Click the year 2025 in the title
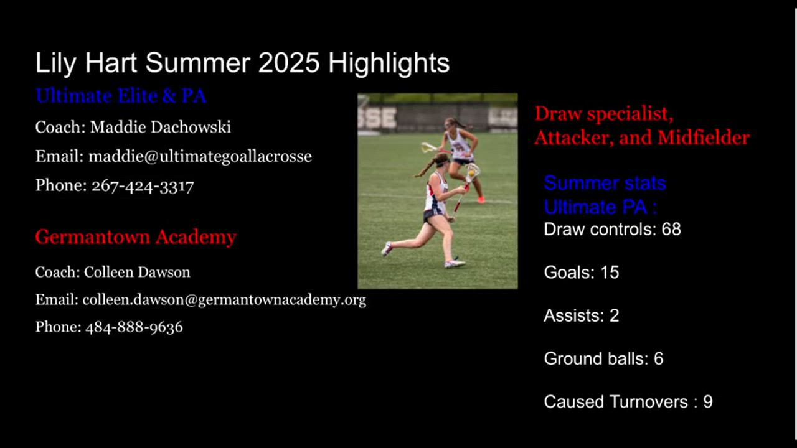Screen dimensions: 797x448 [289, 63]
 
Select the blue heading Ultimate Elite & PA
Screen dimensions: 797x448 [121, 96]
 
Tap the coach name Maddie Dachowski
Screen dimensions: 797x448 [161, 127]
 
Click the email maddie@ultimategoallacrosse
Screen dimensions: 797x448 [200, 156]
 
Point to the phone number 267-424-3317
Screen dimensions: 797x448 [143, 185]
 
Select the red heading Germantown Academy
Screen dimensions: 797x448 [136, 237]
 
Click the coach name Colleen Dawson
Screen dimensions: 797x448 [137, 273]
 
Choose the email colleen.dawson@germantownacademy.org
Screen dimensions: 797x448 [224, 300]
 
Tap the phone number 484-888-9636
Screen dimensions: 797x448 [134, 327]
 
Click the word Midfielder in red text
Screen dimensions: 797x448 [704, 138]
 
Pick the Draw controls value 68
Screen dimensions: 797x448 [671, 230]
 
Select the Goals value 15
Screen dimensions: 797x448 [610, 273]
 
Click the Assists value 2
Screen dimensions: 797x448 [615, 315]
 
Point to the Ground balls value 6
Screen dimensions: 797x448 [659, 359]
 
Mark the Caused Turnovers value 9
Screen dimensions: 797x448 [708, 402]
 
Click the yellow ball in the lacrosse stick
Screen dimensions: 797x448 [471, 173]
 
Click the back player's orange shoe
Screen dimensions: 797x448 [481, 200]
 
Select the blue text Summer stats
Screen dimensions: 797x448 [605, 184]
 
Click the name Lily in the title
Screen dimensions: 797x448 [55, 63]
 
